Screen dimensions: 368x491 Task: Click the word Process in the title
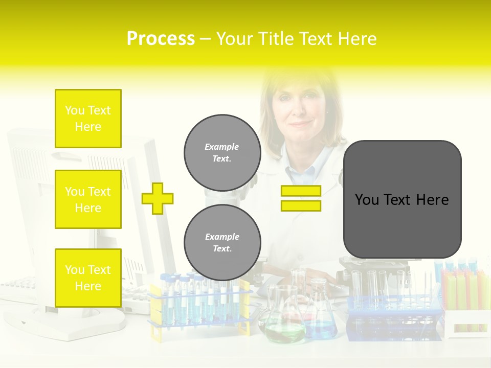coord(160,39)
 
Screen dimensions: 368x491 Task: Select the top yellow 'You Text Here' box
coord(88,119)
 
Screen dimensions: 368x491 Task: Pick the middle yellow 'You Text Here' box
coord(88,199)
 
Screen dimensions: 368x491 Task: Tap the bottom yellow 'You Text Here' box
coord(88,278)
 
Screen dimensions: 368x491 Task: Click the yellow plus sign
coord(158,198)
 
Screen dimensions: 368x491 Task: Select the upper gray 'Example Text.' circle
coord(222,153)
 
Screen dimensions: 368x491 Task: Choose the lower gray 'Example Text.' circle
coord(222,243)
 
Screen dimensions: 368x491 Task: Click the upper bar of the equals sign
coord(301,191)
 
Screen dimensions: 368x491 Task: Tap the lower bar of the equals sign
coord(301,205)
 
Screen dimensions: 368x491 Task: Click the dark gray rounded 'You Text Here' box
coord(402,199)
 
